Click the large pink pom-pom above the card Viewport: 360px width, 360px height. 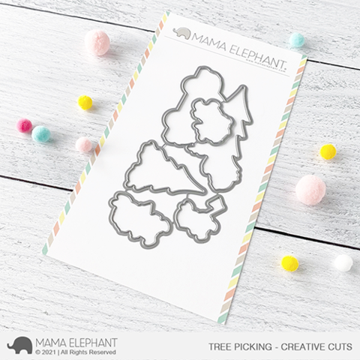coord(97,42)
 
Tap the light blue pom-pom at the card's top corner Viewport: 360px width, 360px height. coord(297,40)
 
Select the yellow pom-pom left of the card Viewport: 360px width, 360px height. coord(85,103)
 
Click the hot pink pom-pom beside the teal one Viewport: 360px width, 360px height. coord(25,125)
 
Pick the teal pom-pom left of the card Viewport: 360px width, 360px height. coord(41,133)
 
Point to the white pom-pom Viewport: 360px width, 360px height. coord(342,263)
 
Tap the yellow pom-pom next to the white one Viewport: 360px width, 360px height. coord(289,263)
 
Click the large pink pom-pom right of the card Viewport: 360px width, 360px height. coord(310,190)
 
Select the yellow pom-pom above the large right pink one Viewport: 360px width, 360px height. coord(327,151)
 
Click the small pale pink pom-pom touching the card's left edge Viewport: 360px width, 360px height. coord(82,144)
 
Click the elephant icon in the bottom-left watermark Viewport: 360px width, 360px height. coord(18,344)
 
